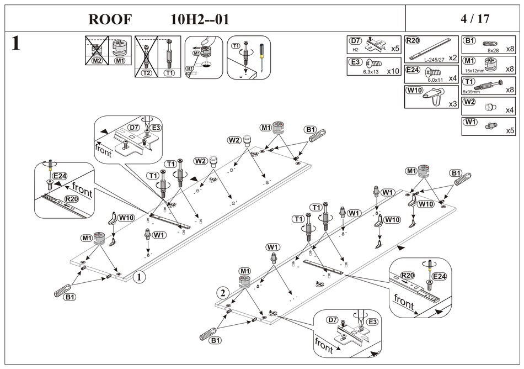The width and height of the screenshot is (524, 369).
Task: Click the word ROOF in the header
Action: click(x=110, y=19)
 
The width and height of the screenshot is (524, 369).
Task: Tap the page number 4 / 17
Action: click(x=475, y=18)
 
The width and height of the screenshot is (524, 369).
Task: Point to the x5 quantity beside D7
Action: click(x=395, y=49)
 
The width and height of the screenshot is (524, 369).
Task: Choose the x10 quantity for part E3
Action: click(x=393, y=71)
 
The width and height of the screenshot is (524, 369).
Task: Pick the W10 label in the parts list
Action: click(x=414, y=89)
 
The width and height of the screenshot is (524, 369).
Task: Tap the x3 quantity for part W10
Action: click(x=452, y=103)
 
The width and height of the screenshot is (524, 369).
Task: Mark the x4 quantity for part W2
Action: click(x=510, y=109)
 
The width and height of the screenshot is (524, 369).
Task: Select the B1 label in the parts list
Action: click(x=469, y=41)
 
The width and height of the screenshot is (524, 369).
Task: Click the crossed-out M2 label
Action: click(x=97, y=60)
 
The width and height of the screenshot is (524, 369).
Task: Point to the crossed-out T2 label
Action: click(x=146, y=72)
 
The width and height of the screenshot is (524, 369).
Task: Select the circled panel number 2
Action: click(x=222, y=292)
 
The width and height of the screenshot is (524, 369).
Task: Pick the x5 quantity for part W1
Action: click(x=510, y=130)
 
